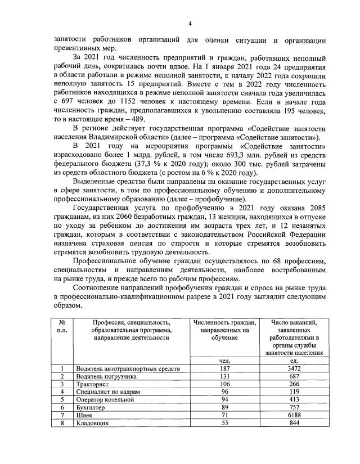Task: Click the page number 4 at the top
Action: [x=190, y=23]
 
